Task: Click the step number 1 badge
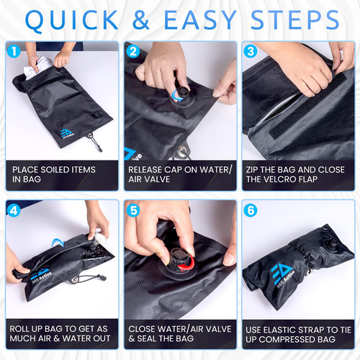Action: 14,51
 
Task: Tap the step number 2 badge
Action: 133,51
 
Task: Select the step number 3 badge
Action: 251,51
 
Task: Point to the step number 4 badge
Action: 14,210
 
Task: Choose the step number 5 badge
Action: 133,210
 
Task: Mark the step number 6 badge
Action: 251,210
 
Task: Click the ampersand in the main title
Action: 140,20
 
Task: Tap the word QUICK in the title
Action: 72,21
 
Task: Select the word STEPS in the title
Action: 295,20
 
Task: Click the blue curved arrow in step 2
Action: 176,96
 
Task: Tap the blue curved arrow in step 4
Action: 58,242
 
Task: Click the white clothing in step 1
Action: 37,67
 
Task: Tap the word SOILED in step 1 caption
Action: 55,170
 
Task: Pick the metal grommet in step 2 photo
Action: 183,151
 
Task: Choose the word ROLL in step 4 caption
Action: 18,329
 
